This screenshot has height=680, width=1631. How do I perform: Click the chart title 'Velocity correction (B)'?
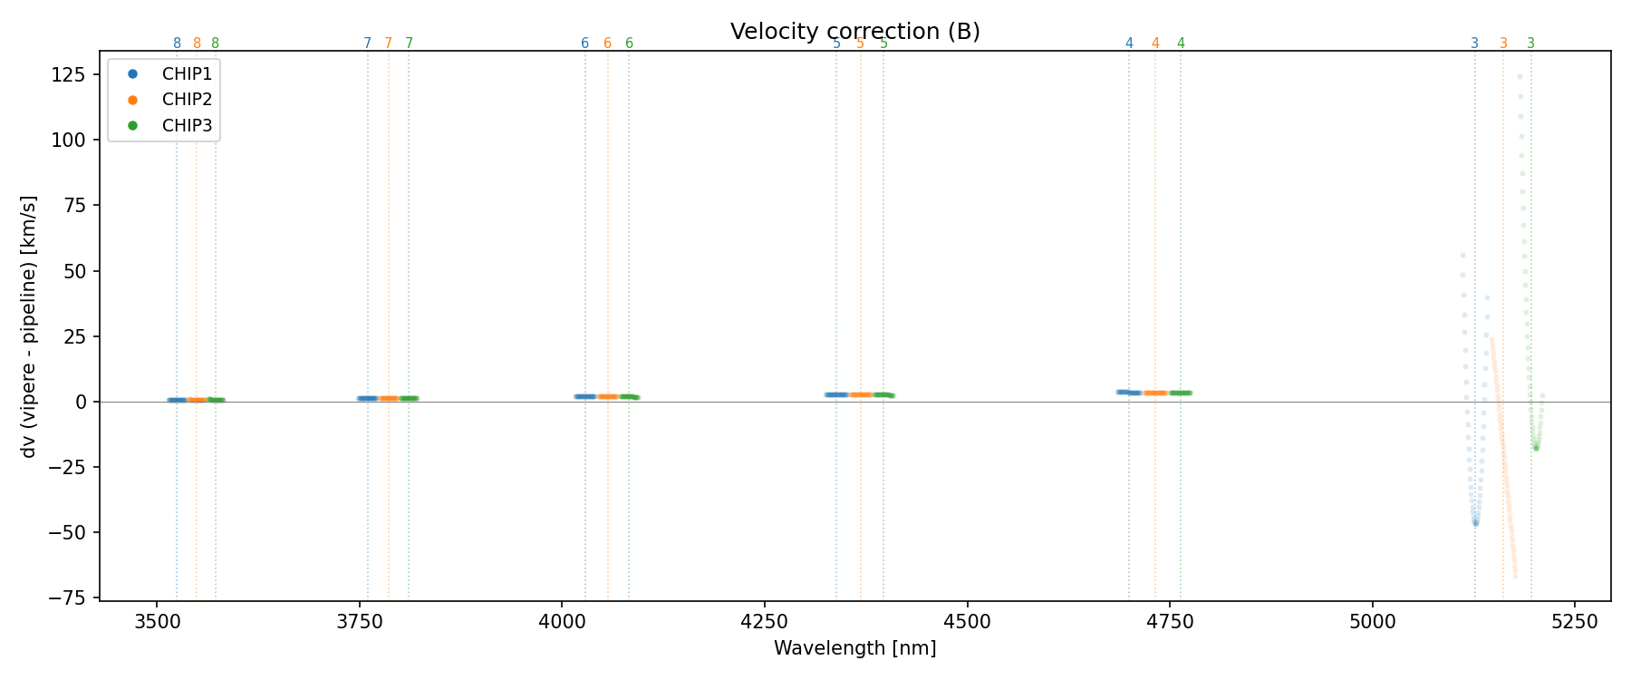point(854,32)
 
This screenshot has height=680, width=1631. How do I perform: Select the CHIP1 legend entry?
point(187,74)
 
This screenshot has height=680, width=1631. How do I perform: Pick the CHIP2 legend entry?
point(187,100)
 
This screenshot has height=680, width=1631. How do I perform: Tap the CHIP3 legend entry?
point(187,126)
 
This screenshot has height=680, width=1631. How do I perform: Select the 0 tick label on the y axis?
point(81,402)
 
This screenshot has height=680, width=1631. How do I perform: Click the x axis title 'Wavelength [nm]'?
point(854,648)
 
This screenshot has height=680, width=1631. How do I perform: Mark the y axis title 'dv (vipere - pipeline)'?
point(29,326)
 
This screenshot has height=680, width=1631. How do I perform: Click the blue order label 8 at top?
point(177,44)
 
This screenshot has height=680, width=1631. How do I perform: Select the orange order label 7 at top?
point(388,44)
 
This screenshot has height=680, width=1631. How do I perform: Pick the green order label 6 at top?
point(629,44)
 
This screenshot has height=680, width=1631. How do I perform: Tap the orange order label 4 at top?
point(1154,44)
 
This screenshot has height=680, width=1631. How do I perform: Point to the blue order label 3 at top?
point(1474,44)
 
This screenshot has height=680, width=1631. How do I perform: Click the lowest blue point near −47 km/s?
point(1475,523)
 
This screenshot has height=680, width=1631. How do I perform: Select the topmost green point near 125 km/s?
point(1520,77)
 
